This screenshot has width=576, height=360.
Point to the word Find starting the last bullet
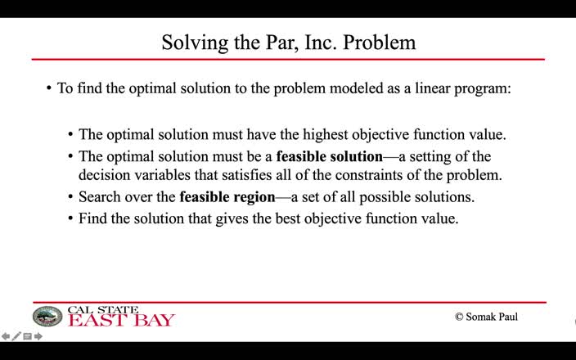point(92,218)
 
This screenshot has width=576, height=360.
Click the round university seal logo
point(47,317)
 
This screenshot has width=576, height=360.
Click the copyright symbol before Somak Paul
point(459,317)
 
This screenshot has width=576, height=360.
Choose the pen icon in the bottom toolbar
point(16,336)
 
